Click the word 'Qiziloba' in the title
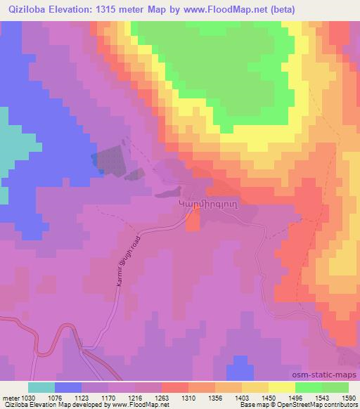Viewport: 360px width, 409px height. (25, 9)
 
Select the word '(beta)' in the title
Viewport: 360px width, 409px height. (281, 9)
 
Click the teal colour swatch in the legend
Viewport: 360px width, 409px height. (41, 387)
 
